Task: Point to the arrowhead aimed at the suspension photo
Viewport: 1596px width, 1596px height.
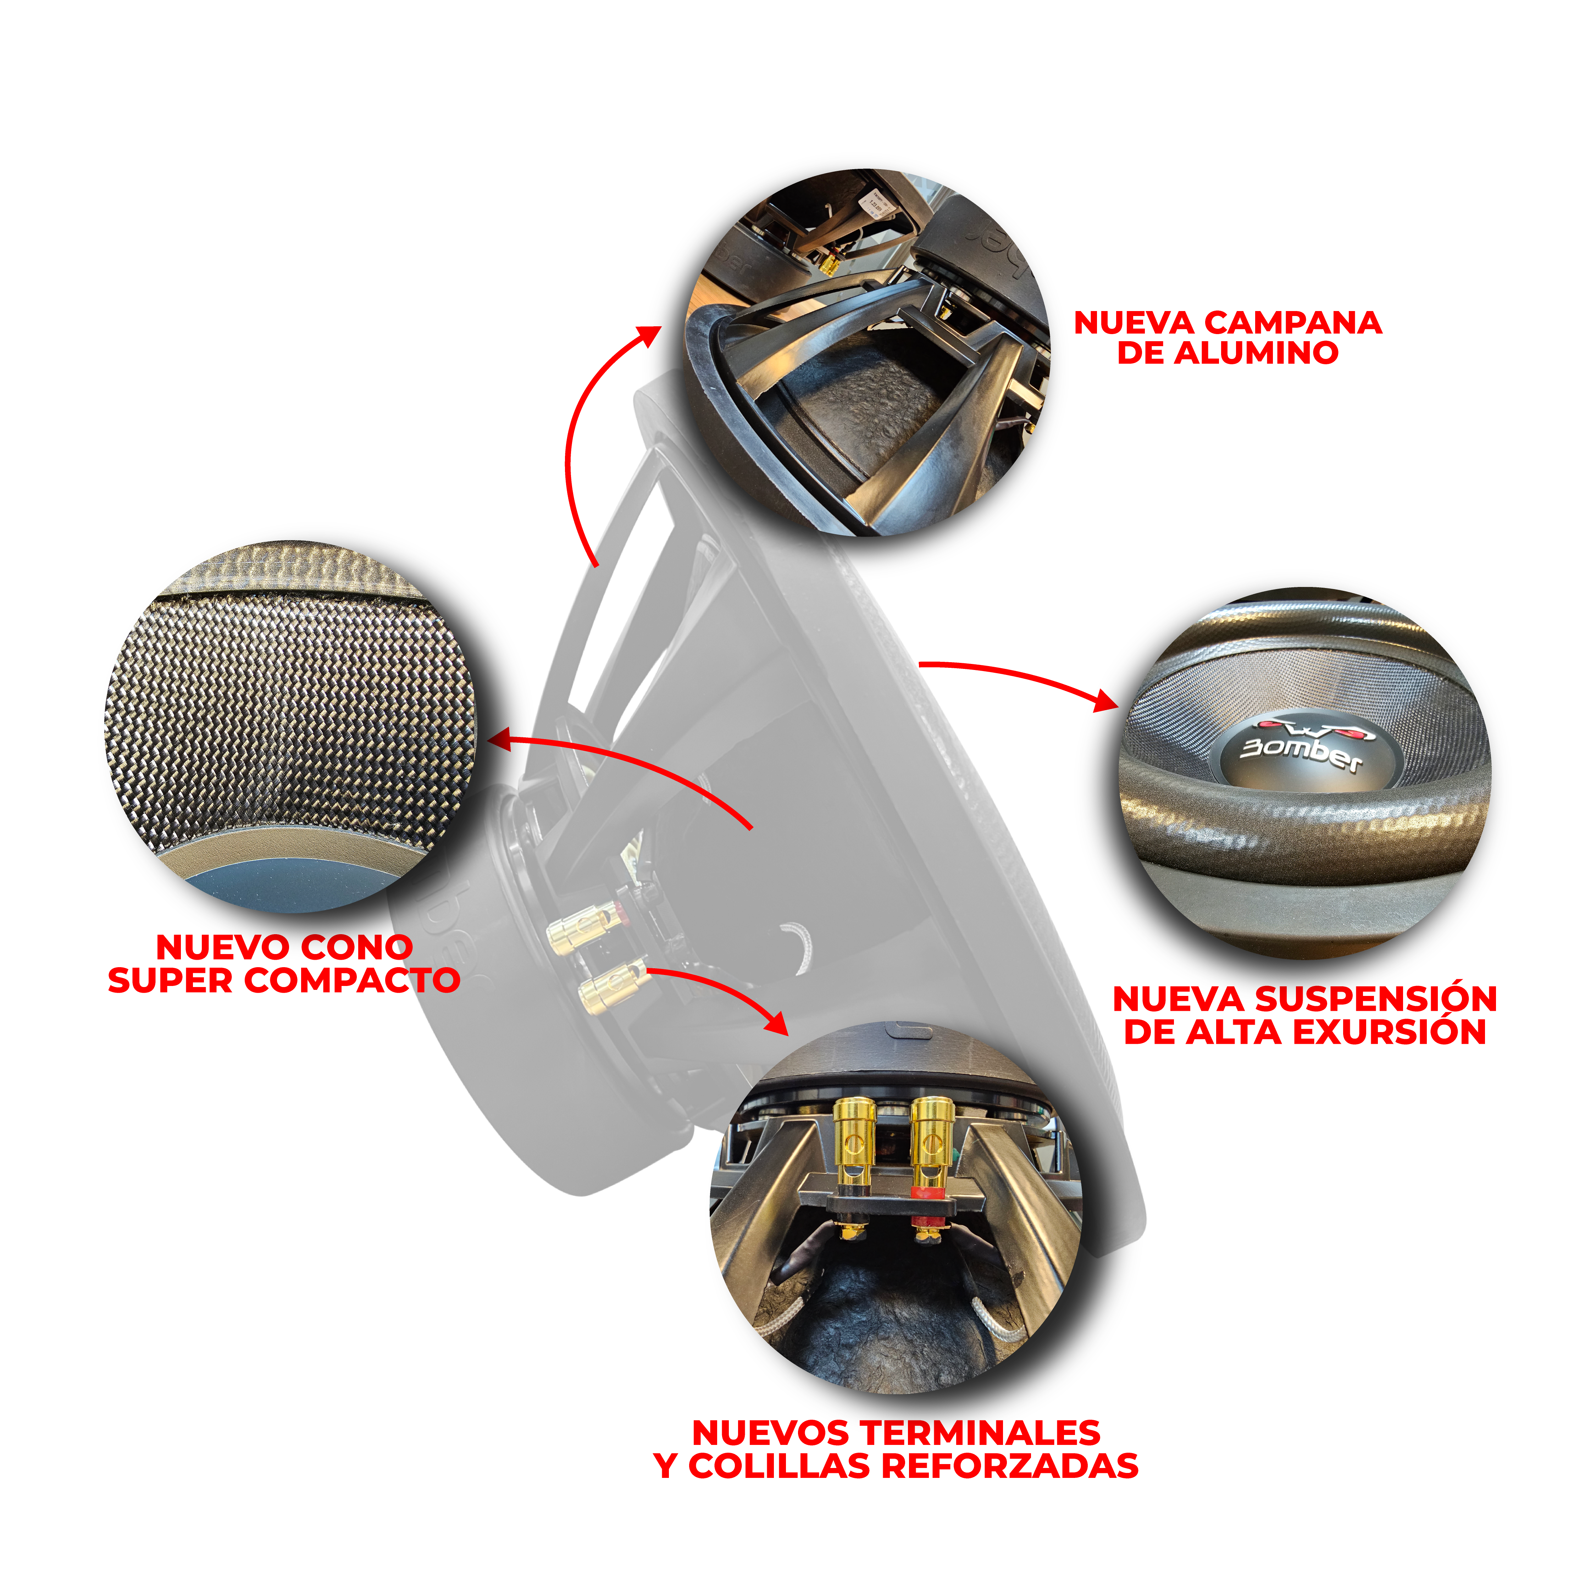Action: coord(1107,700)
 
